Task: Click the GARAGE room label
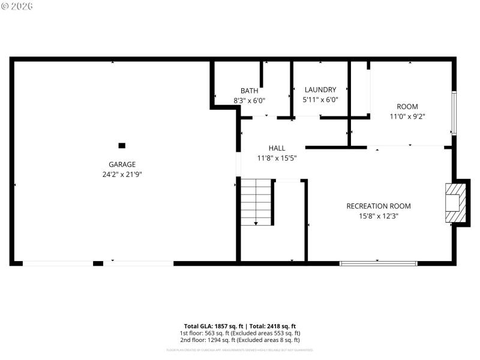122,164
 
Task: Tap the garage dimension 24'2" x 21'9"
122,175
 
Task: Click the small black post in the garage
122,145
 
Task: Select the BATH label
250,91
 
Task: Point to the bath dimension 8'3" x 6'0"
250,101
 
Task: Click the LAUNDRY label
320,90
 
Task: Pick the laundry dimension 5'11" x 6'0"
320,100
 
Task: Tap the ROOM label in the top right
407,107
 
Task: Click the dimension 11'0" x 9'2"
407,117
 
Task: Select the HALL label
277,148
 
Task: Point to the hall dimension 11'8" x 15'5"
277,158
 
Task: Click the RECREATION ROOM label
379,206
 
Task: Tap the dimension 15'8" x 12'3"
379,216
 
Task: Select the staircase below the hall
256,203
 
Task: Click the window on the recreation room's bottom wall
378,263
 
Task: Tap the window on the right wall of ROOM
454,113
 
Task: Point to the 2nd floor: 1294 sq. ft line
240,340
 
